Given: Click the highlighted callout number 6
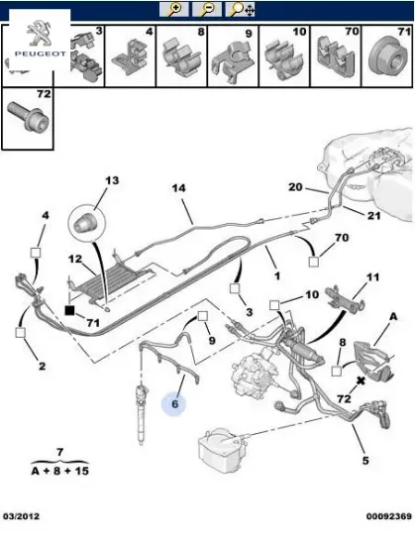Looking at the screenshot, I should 173,404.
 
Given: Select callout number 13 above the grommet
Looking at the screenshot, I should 111,180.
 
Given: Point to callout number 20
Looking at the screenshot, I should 294,186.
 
